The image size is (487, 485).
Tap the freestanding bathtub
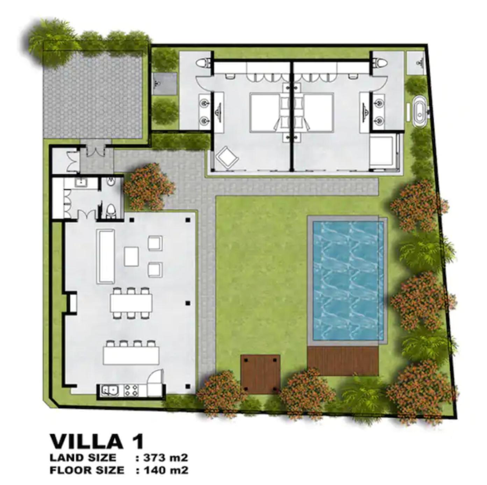point(419,113)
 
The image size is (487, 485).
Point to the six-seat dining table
point(131,303)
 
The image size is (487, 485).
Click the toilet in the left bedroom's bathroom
point(203,63)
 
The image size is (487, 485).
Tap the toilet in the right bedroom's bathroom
point(379,63)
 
